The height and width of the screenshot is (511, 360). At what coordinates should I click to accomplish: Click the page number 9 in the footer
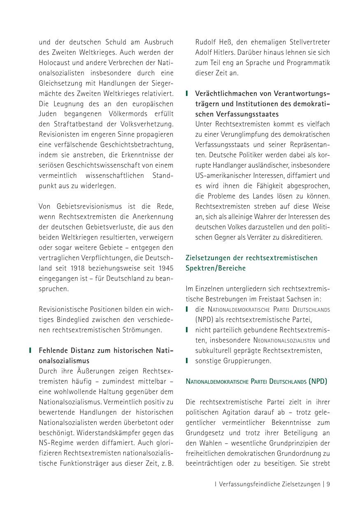pyautogui.click(x=328, y=484)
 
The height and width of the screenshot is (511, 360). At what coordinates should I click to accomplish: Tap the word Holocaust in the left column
pyautogui.click(x=56, y=63)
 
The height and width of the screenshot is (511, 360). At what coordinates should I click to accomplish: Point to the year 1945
pyautogui.click(x=165, y=268)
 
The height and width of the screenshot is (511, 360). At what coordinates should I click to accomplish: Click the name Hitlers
pyautogui.click(x=228, y=52)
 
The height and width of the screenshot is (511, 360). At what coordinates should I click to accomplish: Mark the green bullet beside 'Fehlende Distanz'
pyautogui.click(x=30, y=350)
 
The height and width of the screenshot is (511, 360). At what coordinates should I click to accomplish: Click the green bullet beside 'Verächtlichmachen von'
pyautogui.click(x=187, y=93)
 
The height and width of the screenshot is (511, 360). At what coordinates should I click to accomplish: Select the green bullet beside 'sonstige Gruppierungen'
pyautogui.click(x=187, y=361)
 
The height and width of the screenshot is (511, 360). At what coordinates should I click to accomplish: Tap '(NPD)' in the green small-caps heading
pyautogui.click(x=318, y=381)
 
